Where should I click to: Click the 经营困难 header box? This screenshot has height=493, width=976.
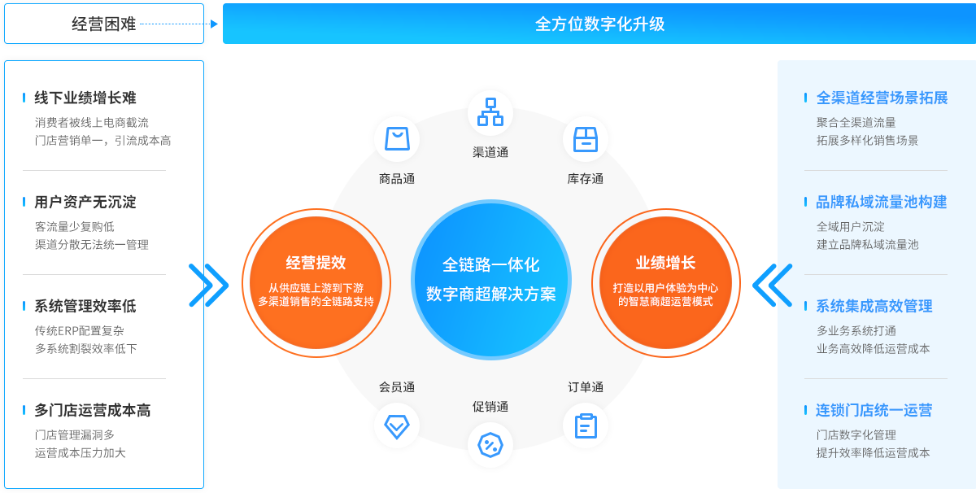click(104, 24)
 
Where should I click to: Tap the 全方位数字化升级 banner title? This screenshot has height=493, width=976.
click(599, 24)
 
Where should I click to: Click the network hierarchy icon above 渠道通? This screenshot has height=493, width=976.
click(490, 112)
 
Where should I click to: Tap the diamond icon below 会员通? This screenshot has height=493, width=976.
click(397, 425)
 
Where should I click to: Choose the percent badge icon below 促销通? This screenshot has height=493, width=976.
click(490, 445)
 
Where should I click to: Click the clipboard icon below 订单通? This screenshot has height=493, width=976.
click(586, 425)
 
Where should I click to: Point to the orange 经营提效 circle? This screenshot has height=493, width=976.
click(316, 282)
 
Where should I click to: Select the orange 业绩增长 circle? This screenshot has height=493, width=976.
click(665, 282)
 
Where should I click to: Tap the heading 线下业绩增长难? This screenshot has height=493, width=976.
click(85, 98)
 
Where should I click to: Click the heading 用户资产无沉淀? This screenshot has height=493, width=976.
click(85, 202)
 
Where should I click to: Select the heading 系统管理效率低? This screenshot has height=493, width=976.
click(85, 306)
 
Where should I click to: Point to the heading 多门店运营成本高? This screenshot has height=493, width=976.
click(92, 410)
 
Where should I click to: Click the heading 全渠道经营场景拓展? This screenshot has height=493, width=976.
click(882, 98)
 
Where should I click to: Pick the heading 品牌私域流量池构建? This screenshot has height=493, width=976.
click(882, 202)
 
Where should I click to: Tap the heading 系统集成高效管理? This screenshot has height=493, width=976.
click(874, 306)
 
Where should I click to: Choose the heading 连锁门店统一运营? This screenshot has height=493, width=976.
click(874, 410)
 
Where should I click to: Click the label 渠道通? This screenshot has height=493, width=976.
click(490, 152)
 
